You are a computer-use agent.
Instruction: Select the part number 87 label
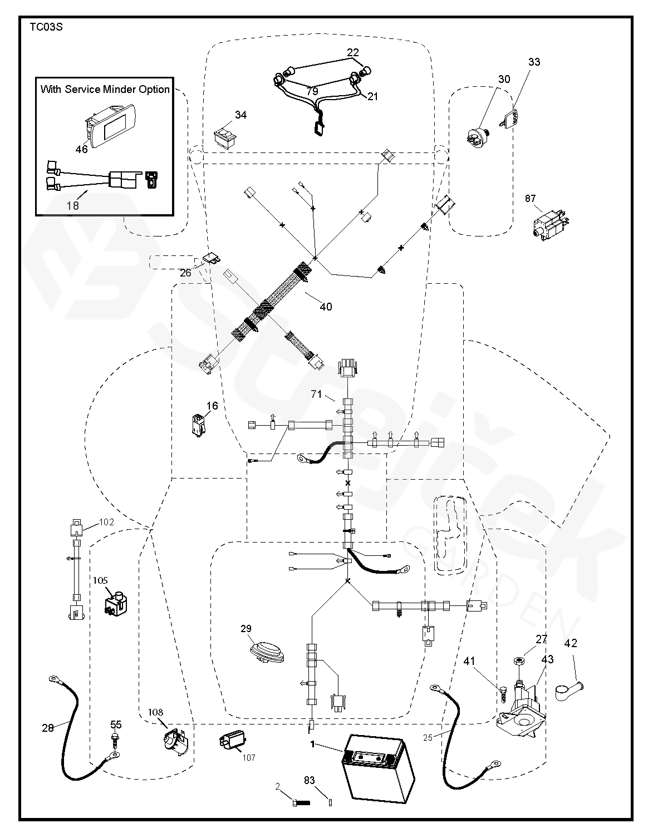click(x=530, y=198)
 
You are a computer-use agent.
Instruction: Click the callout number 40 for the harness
click(x=326, y=307)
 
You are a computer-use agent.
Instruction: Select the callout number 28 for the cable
click(x=48, y=727)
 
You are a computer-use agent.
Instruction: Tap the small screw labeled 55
click(x=115, y=738)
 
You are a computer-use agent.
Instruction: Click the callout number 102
click(x=106, y=522)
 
